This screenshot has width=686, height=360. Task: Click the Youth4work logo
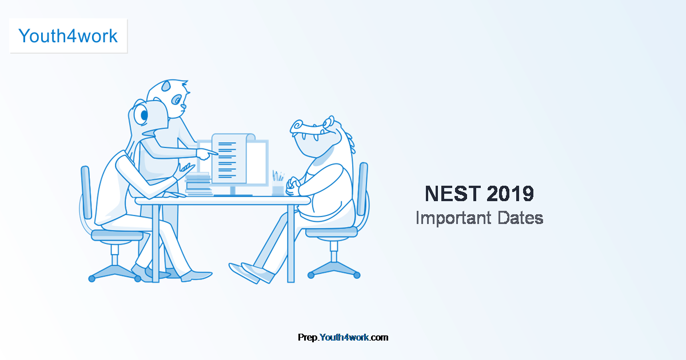point(68,36)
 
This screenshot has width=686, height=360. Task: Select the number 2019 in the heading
point(510,194)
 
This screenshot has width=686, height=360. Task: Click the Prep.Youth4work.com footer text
point(343,337)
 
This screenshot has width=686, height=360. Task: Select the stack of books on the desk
point(198,185)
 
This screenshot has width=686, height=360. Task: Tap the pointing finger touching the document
point(213,153)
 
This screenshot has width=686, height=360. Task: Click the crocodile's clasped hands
point(293,184)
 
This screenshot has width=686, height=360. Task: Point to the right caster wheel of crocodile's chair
point(357,275)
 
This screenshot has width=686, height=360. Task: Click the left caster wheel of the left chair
point(91,278)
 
